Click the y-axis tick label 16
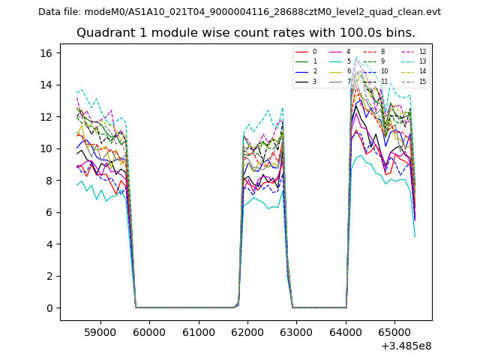46,53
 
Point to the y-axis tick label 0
49,308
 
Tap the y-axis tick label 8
49,181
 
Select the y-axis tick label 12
46,117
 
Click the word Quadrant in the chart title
101,33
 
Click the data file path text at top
239,12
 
